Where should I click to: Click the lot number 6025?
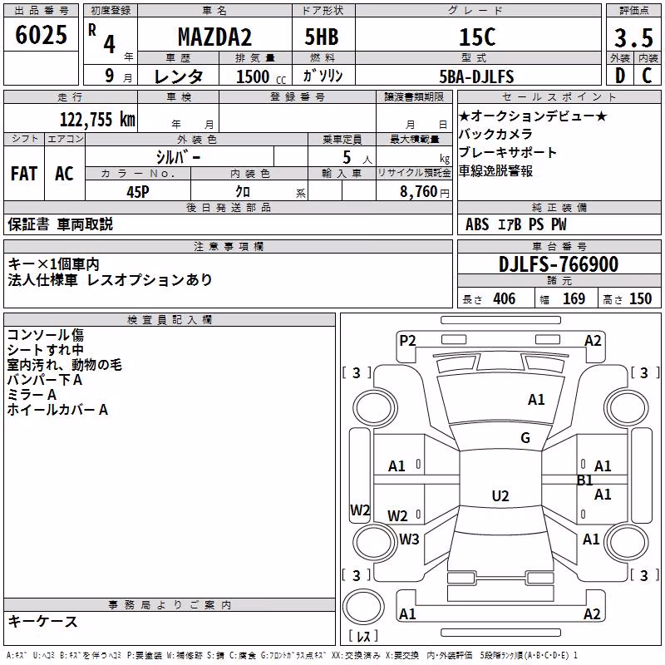tap(41, 35)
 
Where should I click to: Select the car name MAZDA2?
tap(214, 37)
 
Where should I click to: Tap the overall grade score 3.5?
tap(633, 38)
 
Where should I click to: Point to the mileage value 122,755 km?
tap(97, 120)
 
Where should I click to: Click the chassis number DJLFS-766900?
tap(559, 264)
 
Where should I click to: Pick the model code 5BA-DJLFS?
tap(476, 76)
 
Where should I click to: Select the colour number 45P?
tap(138, 192)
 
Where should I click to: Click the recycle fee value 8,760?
tap(418, 192)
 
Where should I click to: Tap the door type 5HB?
tap(322, 37)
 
